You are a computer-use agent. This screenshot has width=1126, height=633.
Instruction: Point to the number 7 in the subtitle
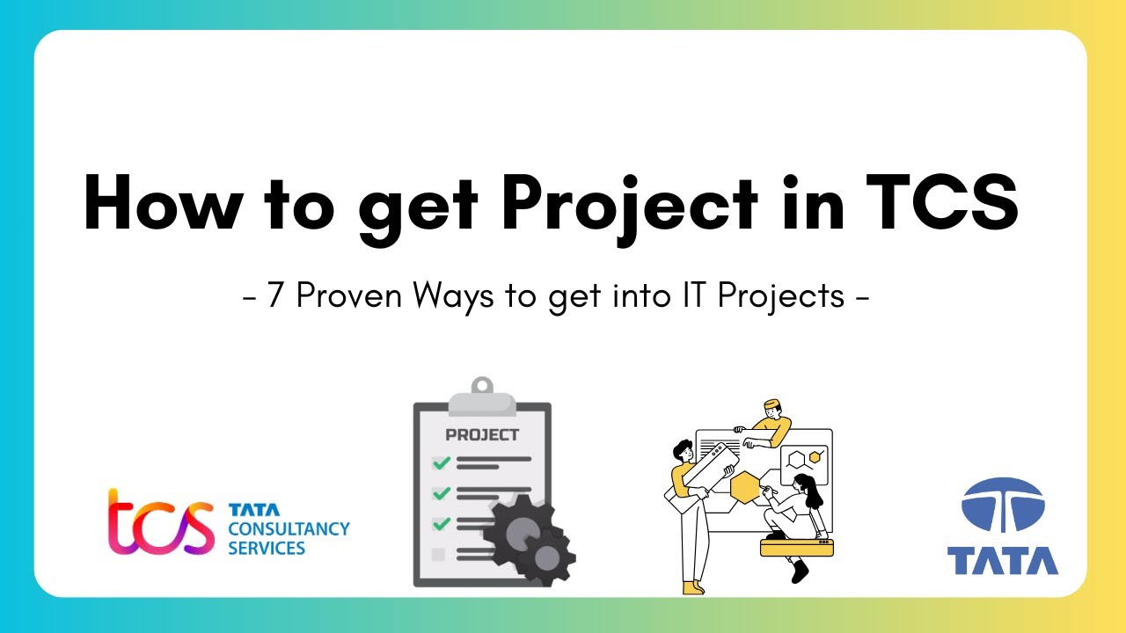275,296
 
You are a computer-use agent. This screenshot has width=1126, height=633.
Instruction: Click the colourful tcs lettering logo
161,522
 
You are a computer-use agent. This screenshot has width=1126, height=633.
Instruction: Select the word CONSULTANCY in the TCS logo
289,529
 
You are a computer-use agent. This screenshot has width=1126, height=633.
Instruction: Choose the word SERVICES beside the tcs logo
267,549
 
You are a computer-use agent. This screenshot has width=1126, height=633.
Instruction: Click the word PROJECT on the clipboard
482,434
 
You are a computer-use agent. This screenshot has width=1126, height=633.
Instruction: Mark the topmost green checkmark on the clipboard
442,462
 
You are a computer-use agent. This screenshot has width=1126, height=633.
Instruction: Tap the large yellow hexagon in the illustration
746,486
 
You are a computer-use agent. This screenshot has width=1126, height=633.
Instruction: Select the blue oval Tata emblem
1003,508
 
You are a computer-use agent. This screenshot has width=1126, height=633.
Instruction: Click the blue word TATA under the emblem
1003,560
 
